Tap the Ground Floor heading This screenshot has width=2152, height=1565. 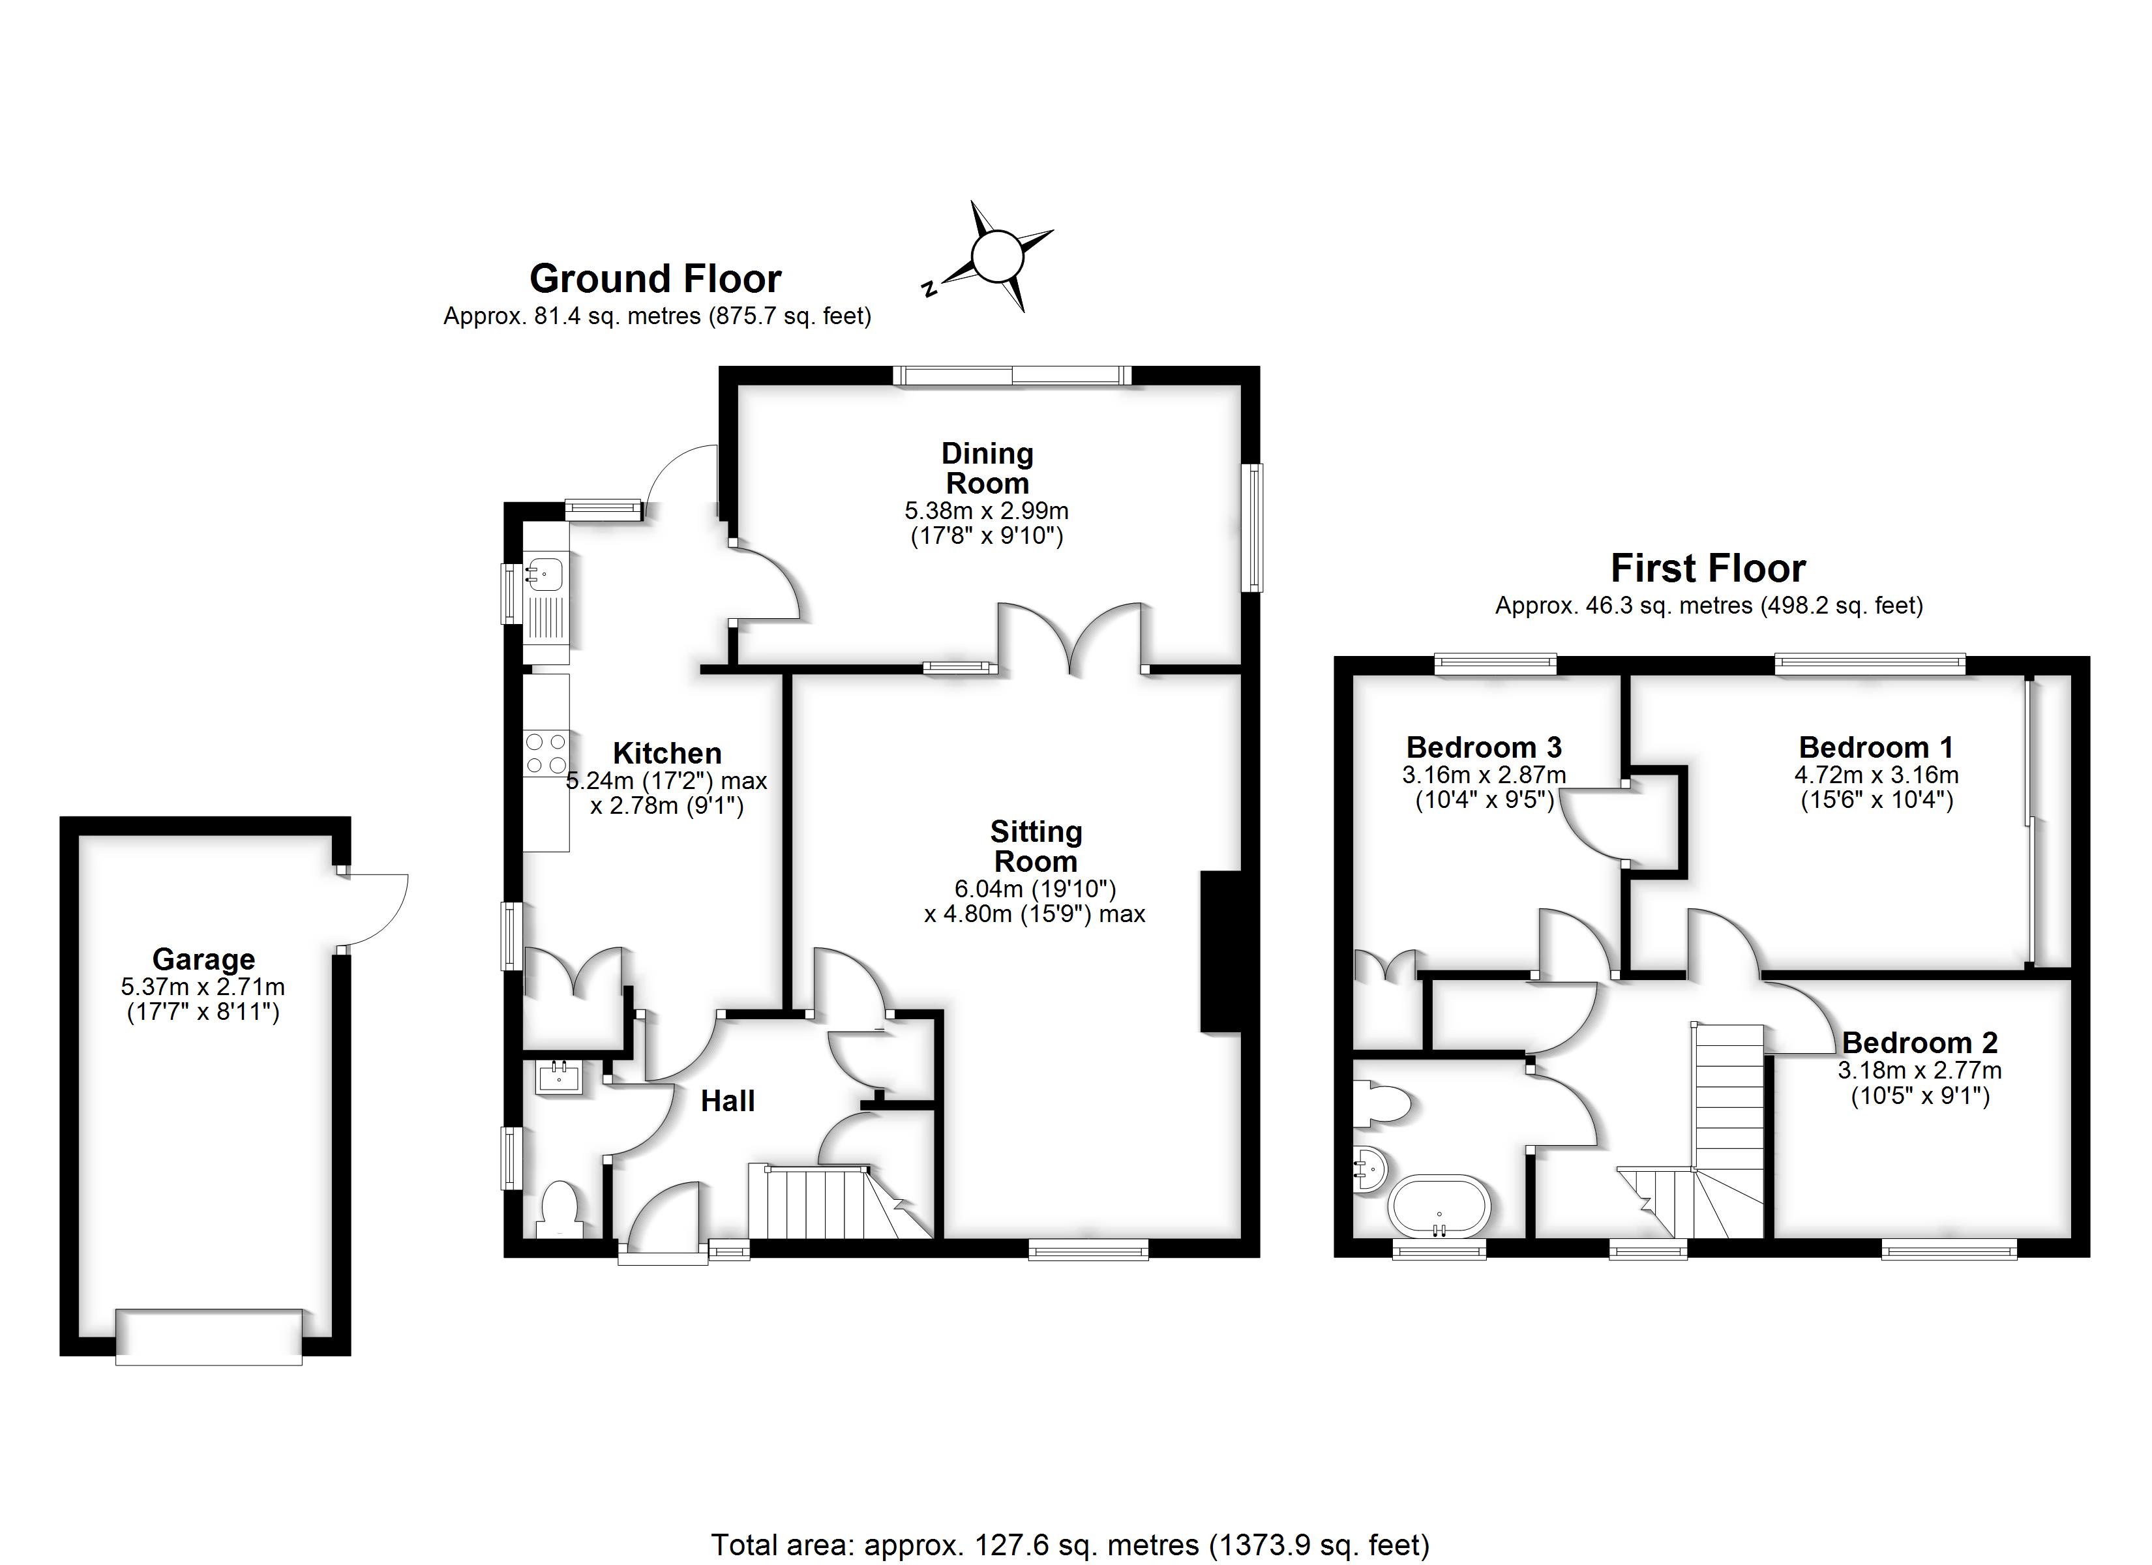[655, 279]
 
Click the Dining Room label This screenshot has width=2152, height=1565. [987, 468]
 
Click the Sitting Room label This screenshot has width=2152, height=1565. [1035, 846]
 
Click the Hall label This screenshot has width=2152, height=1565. [728, 1101]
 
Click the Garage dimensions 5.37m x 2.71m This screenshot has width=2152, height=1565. [203, 987]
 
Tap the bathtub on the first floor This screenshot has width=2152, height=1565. [1439, 1206]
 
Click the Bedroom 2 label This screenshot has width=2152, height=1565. [1920, 1043]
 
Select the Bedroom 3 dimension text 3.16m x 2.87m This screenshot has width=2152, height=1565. [1484, 775]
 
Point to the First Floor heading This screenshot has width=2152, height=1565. [1708, 569]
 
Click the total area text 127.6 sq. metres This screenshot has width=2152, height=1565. [1069, 1545]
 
